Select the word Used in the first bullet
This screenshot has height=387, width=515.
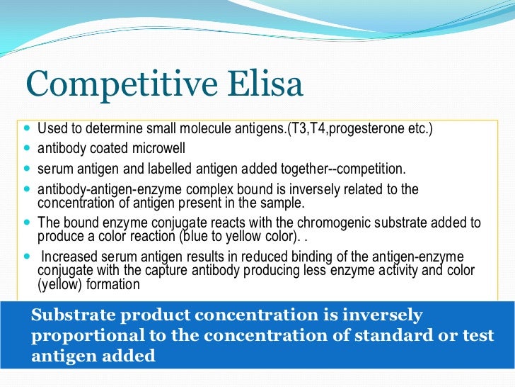pyautogui.click(x=51, y=130)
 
